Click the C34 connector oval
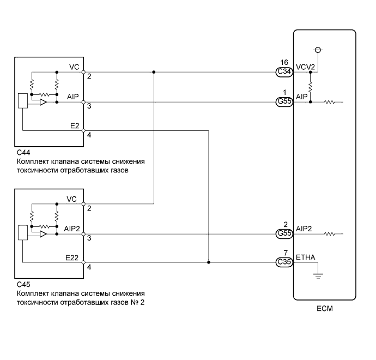pyautogui.click(x=284, y=72)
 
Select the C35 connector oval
pyautogui.click(x=284, y=262)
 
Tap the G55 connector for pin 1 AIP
pyautogui.click(x=284, y=102)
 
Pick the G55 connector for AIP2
pyautogui.click(x=284, y=234)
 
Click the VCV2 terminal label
pyautogui.click(x=305, y=67)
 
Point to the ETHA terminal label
pyautogui.click(x=306, y=257)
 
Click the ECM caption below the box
pyautogui.click(x=325, y=308)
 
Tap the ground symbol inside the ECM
pyautogui.click(x=318, y=276)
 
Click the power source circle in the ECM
pyautogui.click(x=318, y=50)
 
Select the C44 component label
pyautogui.click(x=23, y=153)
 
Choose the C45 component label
pyautogui.click(x=23, y=285)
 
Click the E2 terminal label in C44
pyautogui.click(x=75, y=126)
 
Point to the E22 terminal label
pyautogui.click(x=72, y=258)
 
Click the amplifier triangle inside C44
pyautogui.click(x=43, y=102)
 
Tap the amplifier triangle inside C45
pyautogui.click(x=43, y=234)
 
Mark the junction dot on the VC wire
pyautogui.click(x=154, y=72)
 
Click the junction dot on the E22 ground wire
pyautogui.click(x=209, y=262)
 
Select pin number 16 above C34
pyautogui.click(x=284, y=62)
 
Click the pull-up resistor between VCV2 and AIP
pyautogui.click(x=310, y=87)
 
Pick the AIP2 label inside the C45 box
pyautogui.click(x=72, y=229)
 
